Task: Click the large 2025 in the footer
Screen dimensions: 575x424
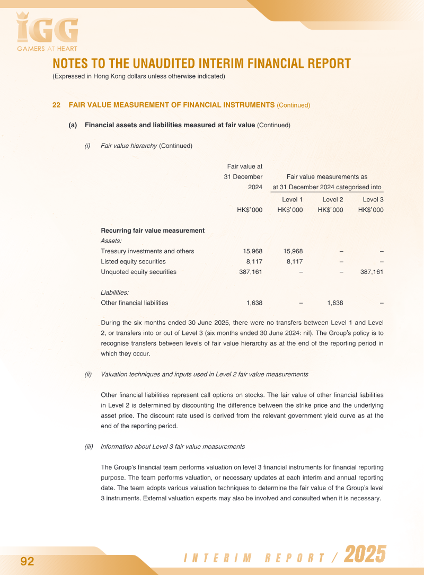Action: [x=365, y=555]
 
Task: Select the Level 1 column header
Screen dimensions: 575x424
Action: [x=292, y=200]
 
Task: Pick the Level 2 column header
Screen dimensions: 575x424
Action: [x=333, y=200]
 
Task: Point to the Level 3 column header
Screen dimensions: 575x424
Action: [x=373, y=200]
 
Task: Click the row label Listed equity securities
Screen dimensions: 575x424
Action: [x=133, y=262]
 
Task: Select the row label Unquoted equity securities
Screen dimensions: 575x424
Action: [x=138, y=272]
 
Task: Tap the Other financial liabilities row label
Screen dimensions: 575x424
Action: [x=134, y=303]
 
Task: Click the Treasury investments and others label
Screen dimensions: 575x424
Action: [x=147, y=251]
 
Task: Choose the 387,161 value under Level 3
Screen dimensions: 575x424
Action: [x=372, y=272]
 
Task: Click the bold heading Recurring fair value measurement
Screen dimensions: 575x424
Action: [x=153, y=231]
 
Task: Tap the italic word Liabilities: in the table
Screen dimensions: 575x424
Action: [x=115, y=293]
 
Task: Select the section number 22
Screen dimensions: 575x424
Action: [x=56, y=105]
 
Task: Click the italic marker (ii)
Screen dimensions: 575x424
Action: [x=88, y=374]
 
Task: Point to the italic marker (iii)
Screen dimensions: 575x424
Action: [x=89, y=447]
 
